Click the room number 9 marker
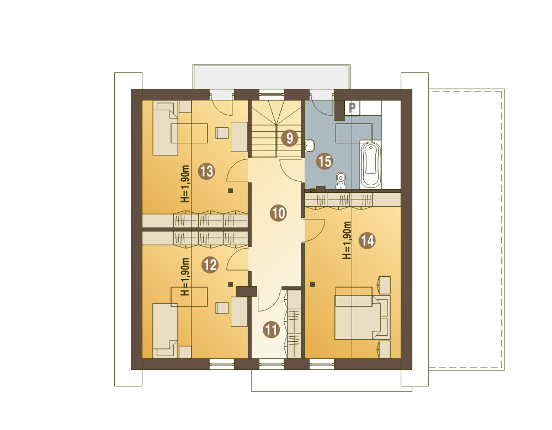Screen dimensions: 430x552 pos(289,138)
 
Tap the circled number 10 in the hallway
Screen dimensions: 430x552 pos(278,213)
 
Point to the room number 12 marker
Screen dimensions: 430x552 pos(210,265)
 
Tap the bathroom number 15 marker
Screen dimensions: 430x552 pos(324,162)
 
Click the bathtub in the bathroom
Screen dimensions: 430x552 pos(370,164)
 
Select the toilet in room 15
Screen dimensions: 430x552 pos(341,180)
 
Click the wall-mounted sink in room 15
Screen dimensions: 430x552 pos(309,146)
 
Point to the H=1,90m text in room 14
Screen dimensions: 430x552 pos(347,240)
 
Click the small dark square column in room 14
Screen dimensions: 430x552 pos(312,284)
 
